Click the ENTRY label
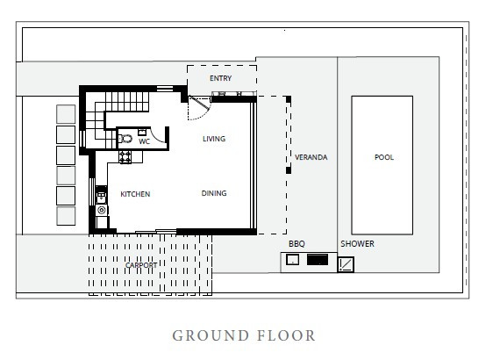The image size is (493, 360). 220,78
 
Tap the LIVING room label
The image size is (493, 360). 214,139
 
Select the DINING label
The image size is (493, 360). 214,193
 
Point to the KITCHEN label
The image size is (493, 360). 135,194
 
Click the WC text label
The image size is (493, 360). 145,141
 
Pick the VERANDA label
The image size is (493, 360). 311,157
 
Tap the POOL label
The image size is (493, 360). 384,157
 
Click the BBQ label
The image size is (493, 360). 297,244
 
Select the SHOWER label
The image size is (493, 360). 358,244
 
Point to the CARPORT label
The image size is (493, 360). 141,265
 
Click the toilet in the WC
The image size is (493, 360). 125,139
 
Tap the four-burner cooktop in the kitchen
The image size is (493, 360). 125,157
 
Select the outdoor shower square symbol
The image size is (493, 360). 346,264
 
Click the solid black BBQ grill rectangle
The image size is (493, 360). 318,260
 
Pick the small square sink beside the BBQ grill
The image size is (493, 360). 292,260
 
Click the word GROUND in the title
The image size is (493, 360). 211,335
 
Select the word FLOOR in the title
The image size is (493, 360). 287,335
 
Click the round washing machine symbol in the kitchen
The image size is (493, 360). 102,210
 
